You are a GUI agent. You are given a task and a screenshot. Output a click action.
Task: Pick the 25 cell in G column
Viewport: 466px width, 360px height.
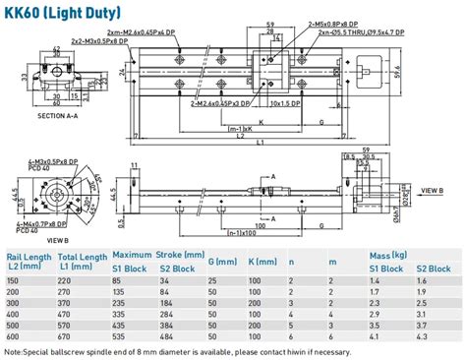(213, 281)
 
